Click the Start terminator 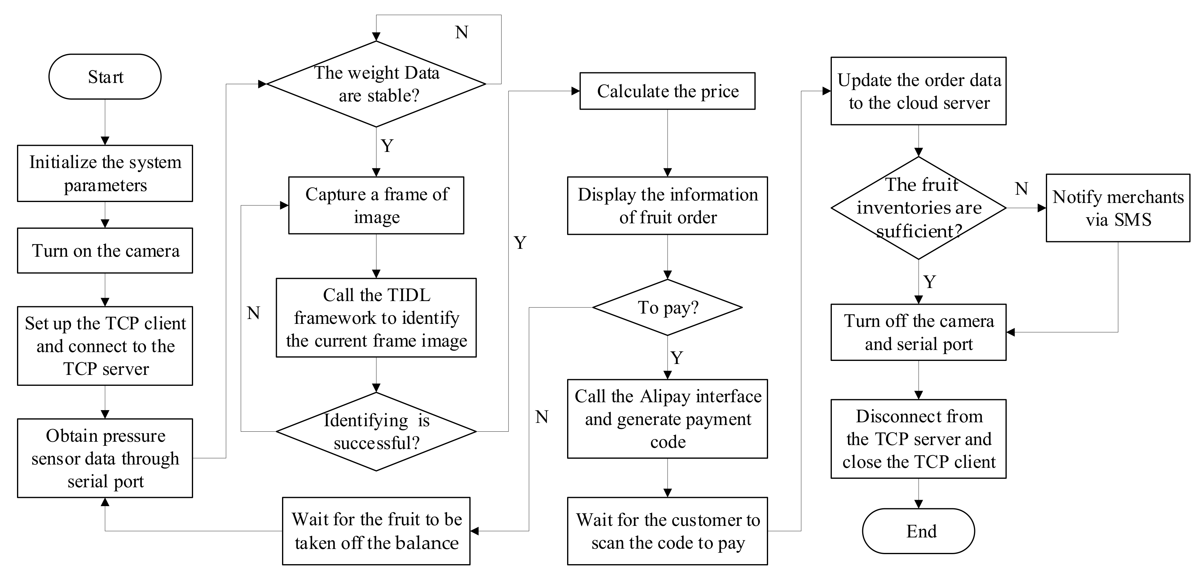tap(105, 77)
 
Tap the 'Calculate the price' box tap(667, 91)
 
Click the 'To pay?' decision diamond tap(667, 307)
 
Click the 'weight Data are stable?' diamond tap(376, 84)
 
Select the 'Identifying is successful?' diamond tap(376, 431)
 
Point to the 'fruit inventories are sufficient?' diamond tap(918, 208)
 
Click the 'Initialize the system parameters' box tap(105, 173)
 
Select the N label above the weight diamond tap(461, 32)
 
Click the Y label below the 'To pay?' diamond tap(677, 358)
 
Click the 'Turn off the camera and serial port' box tap(918, 332)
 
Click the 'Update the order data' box tap(918, 91)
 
